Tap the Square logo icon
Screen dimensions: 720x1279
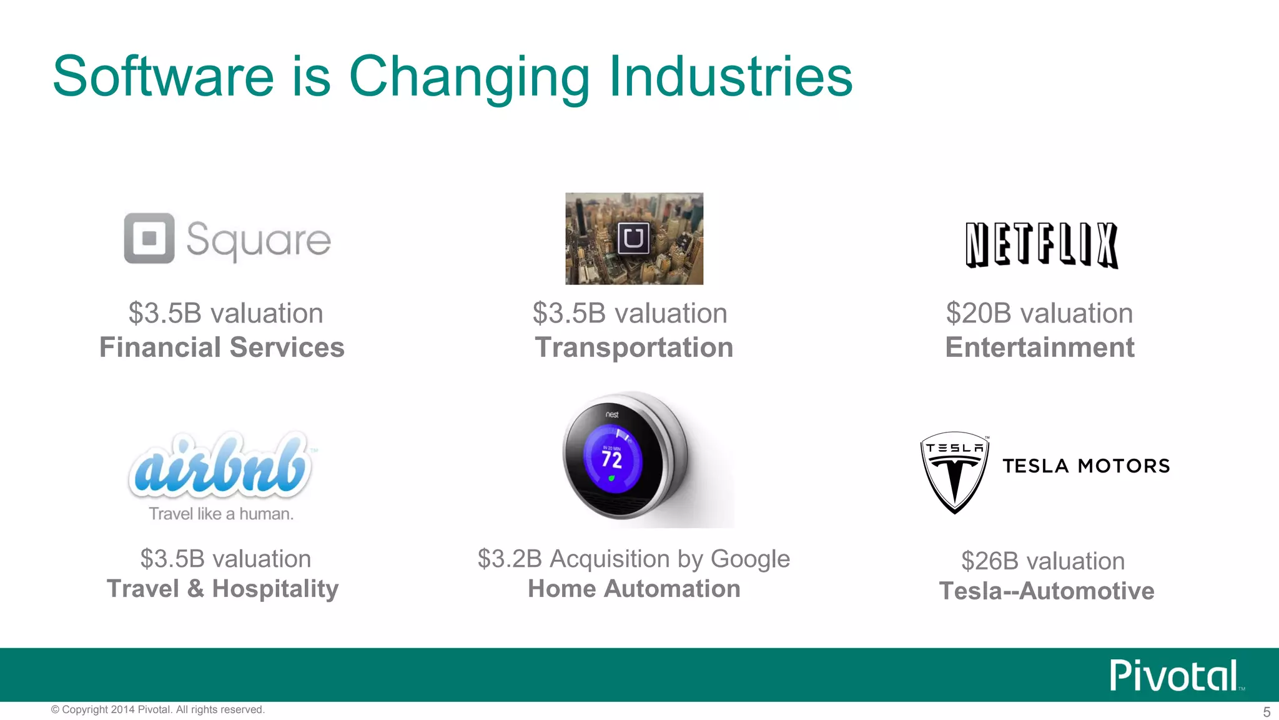(149, 238)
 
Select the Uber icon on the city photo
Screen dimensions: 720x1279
(633, 238)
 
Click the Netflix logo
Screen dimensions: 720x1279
(1041, 245)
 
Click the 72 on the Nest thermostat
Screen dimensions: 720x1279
(612, 460)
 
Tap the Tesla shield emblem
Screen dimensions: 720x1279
(954, 472)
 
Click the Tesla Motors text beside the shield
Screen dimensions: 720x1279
(1086, 466)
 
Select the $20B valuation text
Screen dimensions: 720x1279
(1039, 313)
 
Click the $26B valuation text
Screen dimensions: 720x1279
(1043, 561)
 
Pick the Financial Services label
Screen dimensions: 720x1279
(222, 347)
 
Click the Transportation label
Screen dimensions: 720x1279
(634, 347)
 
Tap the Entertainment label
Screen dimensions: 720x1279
(1040, 347)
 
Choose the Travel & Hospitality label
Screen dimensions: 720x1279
(223, 589)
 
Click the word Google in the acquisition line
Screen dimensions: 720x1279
(750, 559)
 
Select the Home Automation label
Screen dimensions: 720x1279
(634, 589)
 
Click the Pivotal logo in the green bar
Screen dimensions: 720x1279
(1174, 676)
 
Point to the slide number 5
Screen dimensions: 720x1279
(1267, 712)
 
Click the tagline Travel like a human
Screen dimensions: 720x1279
(221, 514)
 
